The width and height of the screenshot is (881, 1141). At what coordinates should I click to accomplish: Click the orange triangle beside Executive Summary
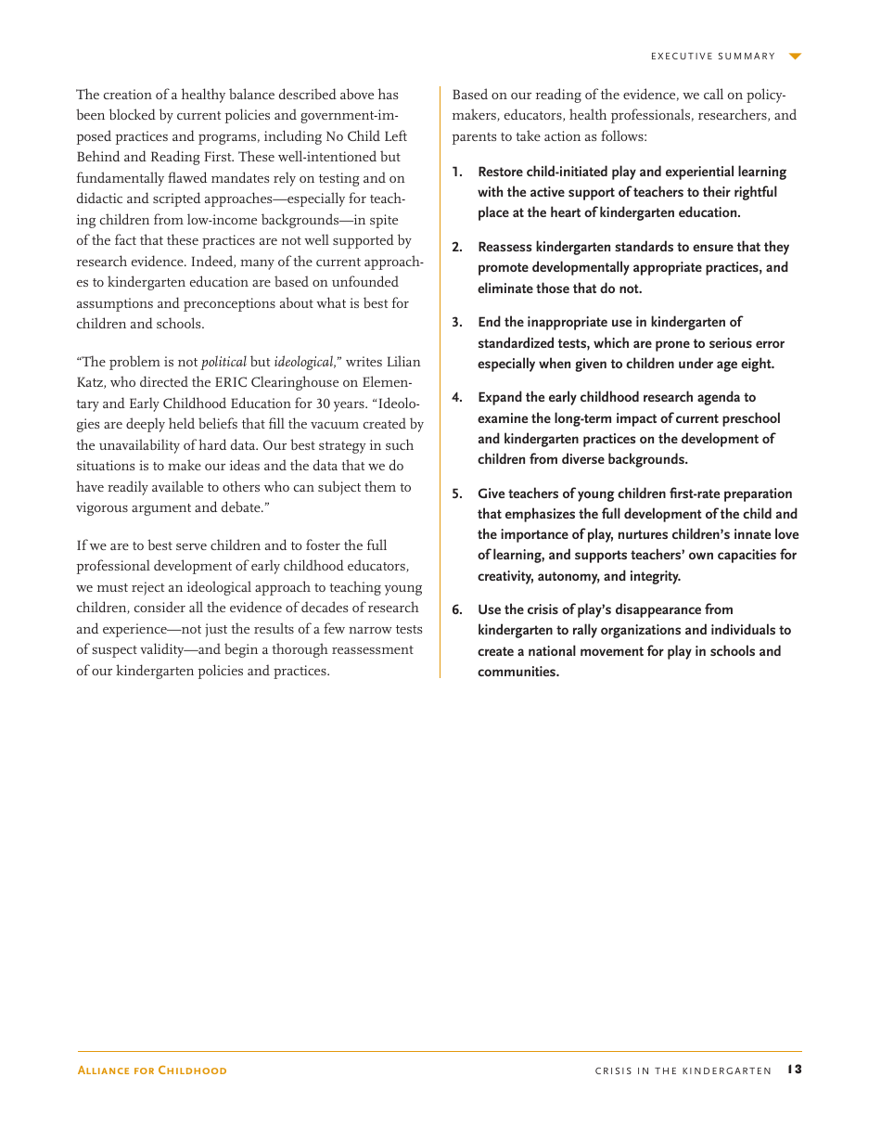coord(795,57)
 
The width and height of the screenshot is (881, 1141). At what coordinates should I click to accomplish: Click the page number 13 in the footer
coord(794,1070)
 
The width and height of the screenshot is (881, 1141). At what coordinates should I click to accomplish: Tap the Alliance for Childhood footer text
coord(151,1070)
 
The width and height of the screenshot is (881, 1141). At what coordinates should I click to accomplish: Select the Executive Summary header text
coord(712,57)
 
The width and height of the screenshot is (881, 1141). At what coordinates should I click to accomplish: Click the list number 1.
coord(456,173)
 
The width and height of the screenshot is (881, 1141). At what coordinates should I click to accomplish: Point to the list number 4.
coord(456,398)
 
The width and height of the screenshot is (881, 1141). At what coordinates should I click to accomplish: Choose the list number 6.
coord(456,610)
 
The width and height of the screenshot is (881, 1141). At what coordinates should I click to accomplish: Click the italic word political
coord(223,362)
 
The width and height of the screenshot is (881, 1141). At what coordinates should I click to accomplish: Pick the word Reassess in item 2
coord(505,248)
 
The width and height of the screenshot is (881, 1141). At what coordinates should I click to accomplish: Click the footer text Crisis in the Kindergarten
coord(683,1070)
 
